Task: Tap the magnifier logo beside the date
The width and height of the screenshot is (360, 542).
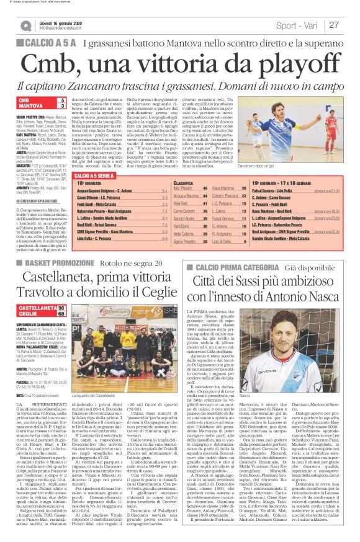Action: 25,25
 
